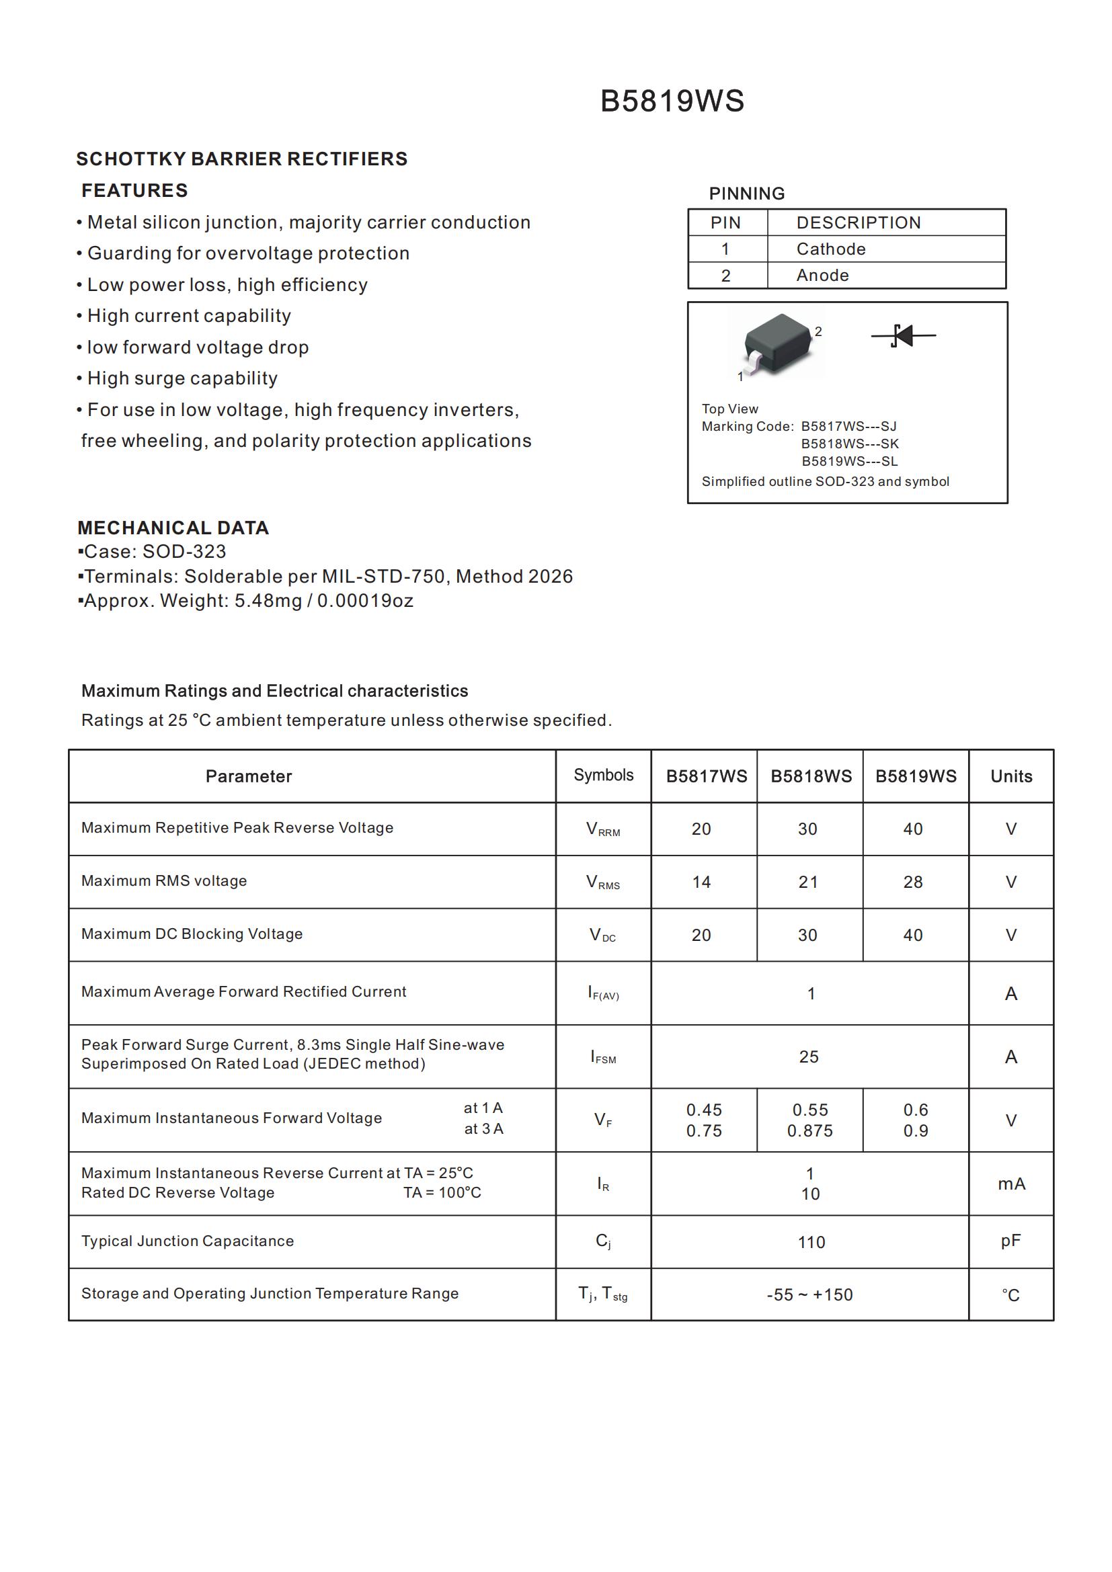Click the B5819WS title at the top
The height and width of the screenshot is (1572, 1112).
tap(672, 101)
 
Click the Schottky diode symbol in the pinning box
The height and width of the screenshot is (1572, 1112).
tap(903, 335)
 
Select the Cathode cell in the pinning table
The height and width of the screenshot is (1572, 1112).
tap(830, 249)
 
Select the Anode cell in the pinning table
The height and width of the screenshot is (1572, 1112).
tap(822, 276)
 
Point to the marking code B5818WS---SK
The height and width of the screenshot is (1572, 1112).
tap(849, 444)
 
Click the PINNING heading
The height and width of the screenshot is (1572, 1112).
tap(746, 194)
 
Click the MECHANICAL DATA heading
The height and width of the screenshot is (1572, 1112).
tap(173, 528)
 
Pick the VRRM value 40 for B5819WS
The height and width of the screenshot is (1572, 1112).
tap(912, 829)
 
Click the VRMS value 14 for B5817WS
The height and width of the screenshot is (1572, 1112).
tap(701, 882)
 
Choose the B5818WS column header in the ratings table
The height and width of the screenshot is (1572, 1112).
tap(811, 776)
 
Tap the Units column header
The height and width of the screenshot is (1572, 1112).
tap(1010, 776)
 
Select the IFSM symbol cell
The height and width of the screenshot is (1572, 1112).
tap(602, 1057)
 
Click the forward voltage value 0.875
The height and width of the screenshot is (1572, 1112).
tap(809, 1131)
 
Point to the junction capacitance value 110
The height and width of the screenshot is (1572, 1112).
tap(811, 1242)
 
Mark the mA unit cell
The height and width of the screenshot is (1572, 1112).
tap(1010, 1184)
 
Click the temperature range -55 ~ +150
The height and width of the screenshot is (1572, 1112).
tap(809, 1294)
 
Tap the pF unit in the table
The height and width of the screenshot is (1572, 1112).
tap(1010, 1241)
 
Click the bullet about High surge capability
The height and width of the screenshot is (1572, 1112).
tap(182, 378)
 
